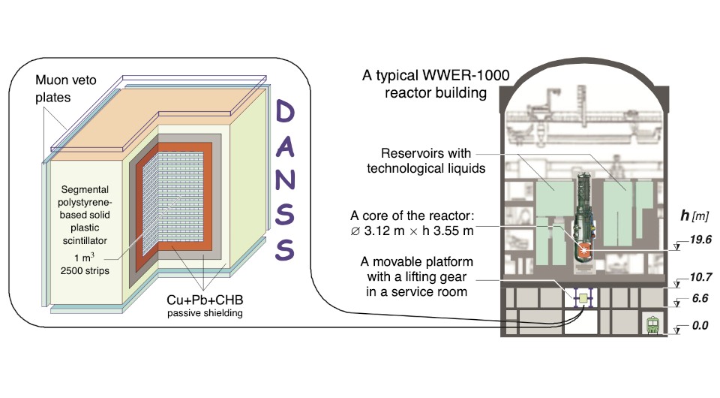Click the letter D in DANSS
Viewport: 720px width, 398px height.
click(284, 112)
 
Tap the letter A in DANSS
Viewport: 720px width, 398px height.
click(285, 146)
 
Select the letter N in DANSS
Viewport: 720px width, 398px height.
click(285, 179)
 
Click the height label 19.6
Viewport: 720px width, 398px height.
click(700, 240)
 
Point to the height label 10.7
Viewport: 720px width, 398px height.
click(700, 277)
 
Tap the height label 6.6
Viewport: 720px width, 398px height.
click(700, 298)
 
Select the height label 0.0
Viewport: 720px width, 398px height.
click(700, 326)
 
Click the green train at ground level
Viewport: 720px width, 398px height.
click(652, 325)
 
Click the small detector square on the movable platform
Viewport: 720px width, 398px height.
click(583, 298)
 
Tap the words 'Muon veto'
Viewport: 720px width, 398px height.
click(66, 80)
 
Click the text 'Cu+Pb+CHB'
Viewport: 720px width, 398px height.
click(205, 300)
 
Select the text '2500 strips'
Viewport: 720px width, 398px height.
click(85, 270)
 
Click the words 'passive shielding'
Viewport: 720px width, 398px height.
click(205, 313)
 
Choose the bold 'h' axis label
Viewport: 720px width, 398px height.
click(685, 215)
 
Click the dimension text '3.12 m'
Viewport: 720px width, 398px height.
click(384, 231)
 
